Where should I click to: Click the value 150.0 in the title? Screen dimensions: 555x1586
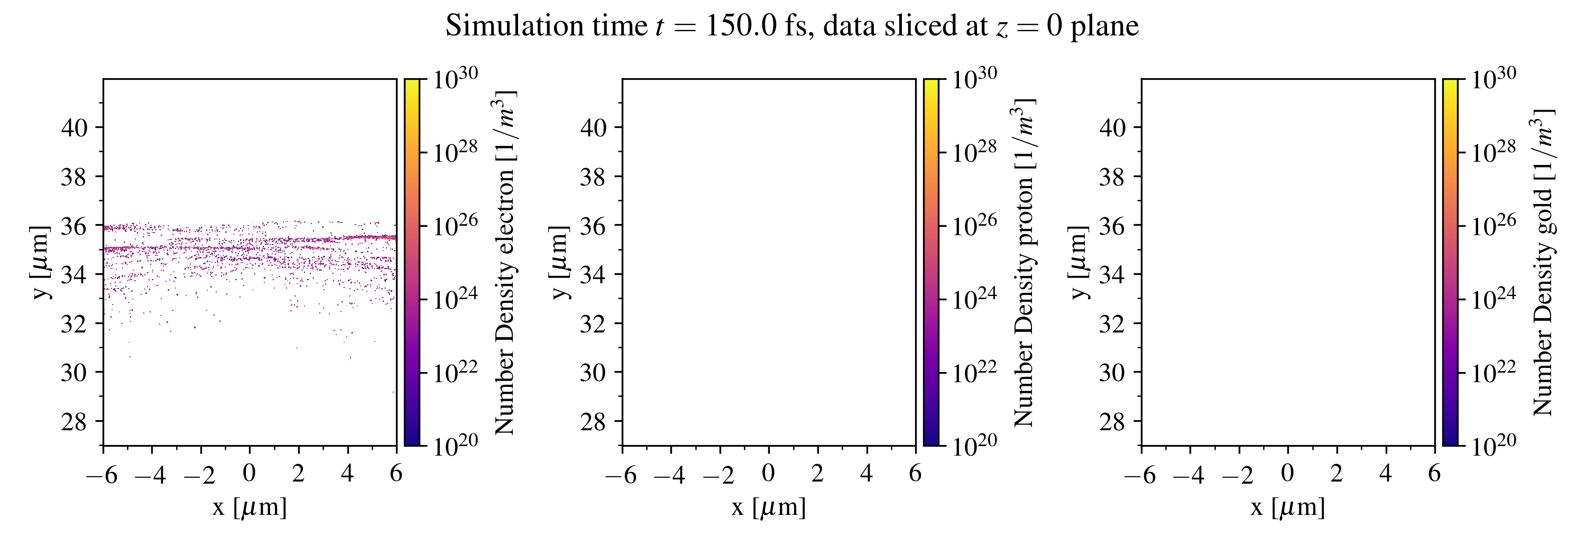741,26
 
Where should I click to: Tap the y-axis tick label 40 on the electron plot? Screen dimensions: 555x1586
75,127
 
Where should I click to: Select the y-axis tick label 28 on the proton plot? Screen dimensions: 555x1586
594,421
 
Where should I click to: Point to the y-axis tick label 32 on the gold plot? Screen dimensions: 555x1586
1112,323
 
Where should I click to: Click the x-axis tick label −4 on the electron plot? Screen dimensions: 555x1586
150,475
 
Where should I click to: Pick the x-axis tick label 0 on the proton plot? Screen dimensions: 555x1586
768,473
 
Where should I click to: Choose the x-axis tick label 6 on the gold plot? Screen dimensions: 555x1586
1435,473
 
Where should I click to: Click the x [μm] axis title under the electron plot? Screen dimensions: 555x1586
250,507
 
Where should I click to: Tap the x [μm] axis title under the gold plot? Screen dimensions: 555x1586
1287,507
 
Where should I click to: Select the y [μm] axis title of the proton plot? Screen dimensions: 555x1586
558,262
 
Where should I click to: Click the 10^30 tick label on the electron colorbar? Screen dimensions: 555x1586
455,78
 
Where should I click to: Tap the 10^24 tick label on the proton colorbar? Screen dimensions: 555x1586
974,299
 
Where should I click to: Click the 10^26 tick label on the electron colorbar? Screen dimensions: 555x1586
455,225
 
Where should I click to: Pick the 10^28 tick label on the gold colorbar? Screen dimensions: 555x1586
1493,151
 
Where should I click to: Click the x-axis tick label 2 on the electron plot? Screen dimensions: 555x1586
298,473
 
